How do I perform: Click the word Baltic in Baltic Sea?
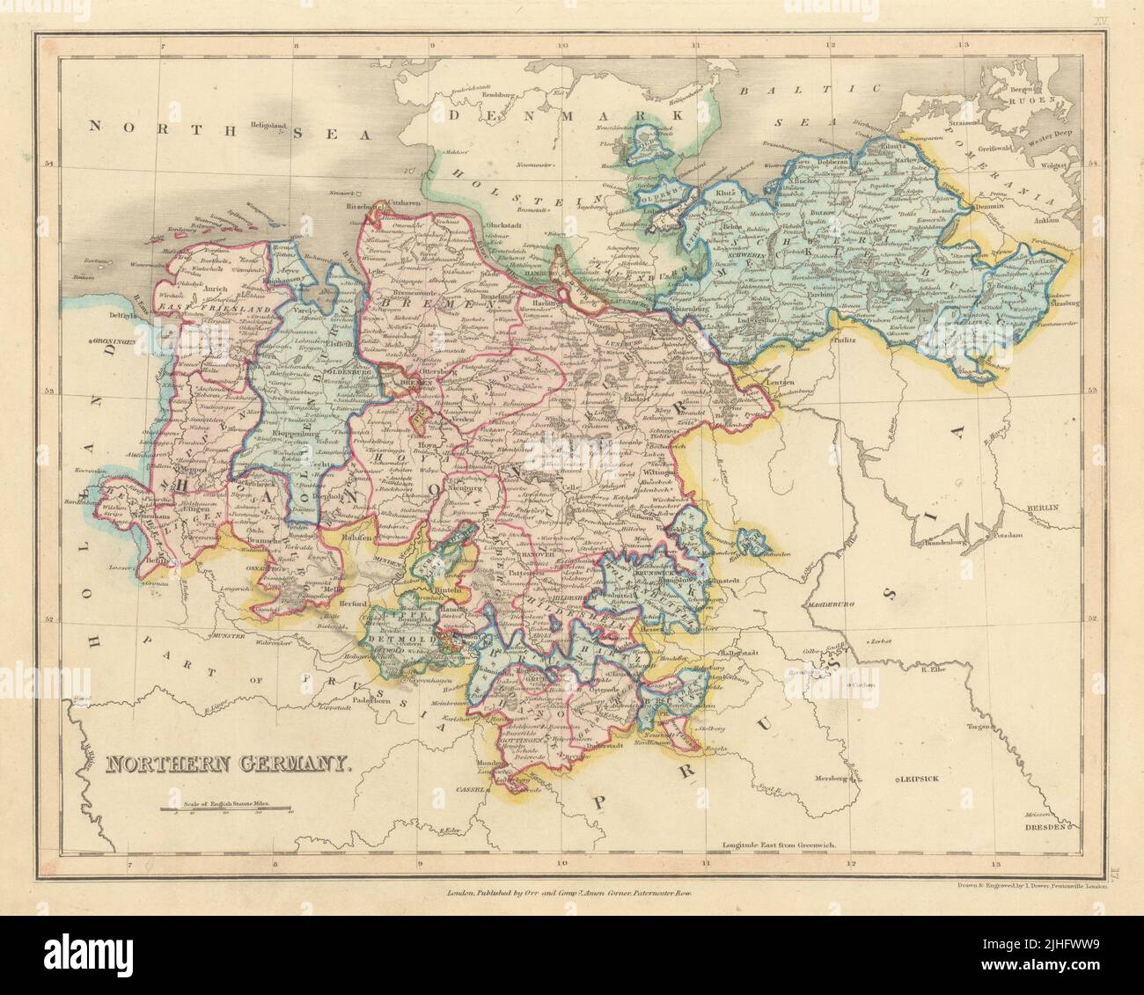coord(793,91)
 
